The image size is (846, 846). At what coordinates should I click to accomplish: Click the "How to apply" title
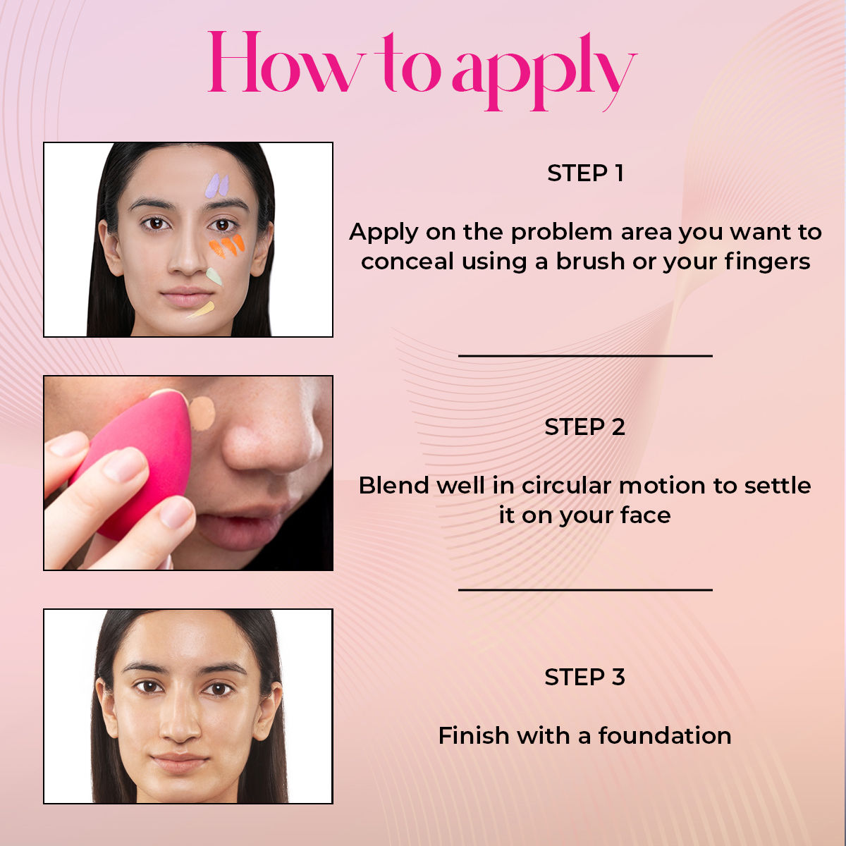pyautogui.click(x=422, y=70)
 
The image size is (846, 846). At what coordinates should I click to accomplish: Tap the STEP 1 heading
pyautogui.click(x=585, y=173)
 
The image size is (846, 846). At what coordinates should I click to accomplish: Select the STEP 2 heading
pyautogui.click(x=584, y=427)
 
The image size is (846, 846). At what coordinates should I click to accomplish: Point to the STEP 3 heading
pyautogui.click(x=584, y=677)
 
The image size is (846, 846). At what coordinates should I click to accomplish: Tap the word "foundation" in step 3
pyautogui.click(x=665, y=735)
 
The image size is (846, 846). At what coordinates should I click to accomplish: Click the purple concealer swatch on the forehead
pyautogui.click(x=217, y=185)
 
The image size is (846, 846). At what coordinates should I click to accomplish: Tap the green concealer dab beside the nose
pyautogui.click(x=214, y=276)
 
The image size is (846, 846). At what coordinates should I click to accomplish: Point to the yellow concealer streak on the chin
pyautogui.click(x=202, y=310)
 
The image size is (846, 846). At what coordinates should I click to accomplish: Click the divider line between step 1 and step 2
pyautogui.click(x=585, y=355)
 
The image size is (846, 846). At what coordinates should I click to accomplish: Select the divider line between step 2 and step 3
pyautogui.click(x=585, y=589)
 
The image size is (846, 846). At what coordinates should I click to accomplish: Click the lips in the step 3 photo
pyautogui.click(x=179, y=763)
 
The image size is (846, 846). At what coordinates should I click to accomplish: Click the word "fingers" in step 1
pyautogui.click(x=767, y=262)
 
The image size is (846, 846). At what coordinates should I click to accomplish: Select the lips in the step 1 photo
pyautogui.click(x=187, y=297)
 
